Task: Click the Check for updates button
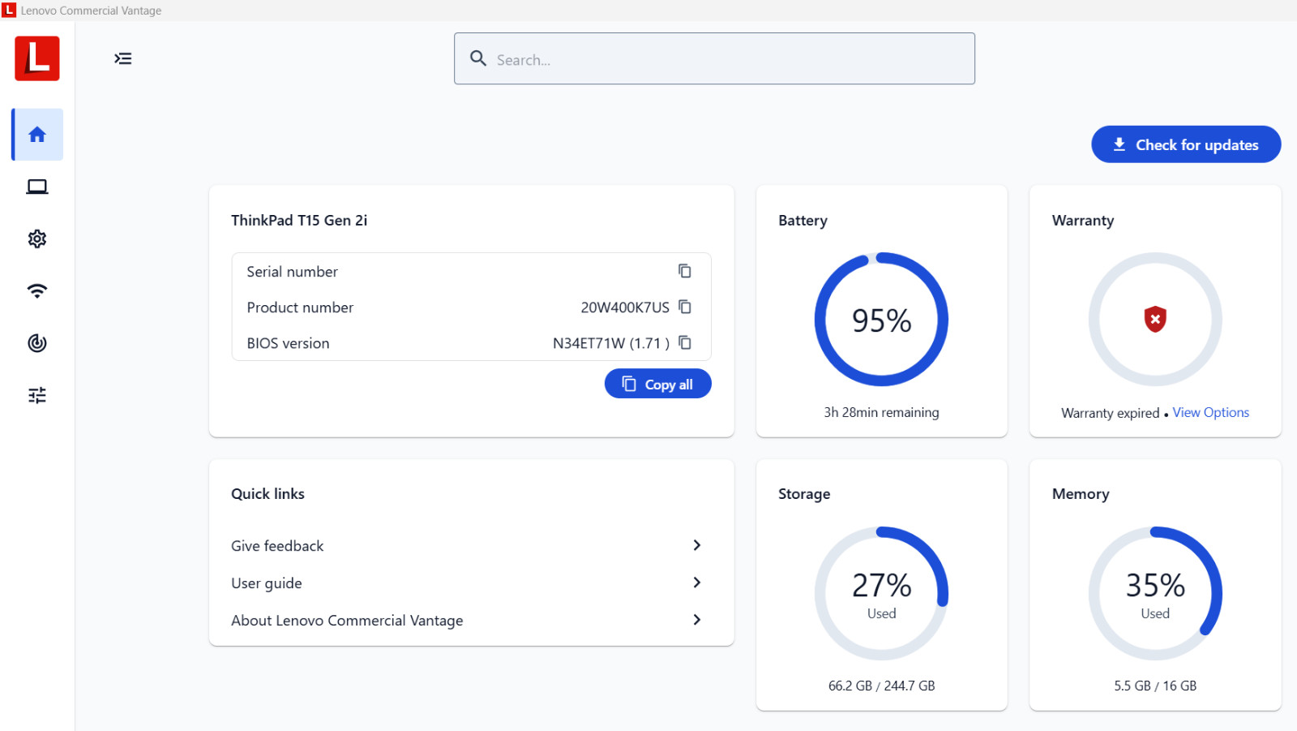click(1186, 144)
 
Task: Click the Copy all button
click(657, 384)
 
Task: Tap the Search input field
click(714, 58)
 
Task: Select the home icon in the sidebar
click(37, 135)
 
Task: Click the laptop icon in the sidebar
click(37, 187)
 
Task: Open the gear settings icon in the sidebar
click(37, 239)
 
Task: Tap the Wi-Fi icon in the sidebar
click(37, 291)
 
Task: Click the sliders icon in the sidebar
click(37, 395)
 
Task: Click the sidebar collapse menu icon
click(122, 58)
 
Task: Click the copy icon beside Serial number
click(685, 271)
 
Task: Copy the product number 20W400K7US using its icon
click(685, 307)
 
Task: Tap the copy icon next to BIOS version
click(685, 342)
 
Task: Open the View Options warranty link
click(1211, 412)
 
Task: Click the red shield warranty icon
click(1155, 319)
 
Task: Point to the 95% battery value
click(881, 320)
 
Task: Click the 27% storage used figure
click(881, 585)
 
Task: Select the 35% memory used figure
click(1155, 585)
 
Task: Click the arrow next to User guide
click(696, 583)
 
